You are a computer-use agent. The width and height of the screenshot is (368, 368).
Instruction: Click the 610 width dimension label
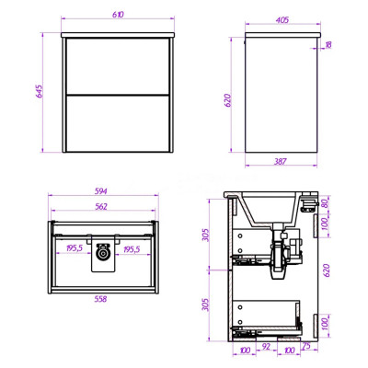tap(118, 15)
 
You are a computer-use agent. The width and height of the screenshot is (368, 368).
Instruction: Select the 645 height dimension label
tap(40, 91)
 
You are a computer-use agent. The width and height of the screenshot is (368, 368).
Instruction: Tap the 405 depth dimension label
tap(282, 20)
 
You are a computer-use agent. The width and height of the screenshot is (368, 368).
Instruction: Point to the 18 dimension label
tap(328, 45)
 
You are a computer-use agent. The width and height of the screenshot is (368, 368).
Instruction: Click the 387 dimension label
tap(281, 161)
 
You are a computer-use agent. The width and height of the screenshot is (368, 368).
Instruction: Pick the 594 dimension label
tap(100, 191)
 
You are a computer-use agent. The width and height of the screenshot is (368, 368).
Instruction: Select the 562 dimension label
tap(101, 207)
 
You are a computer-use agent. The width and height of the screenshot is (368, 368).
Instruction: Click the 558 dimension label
tap(100, 298)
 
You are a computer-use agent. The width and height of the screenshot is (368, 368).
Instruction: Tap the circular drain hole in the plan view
tap(103, 253)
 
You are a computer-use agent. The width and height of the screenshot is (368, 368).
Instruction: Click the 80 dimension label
tap(326, 203)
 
